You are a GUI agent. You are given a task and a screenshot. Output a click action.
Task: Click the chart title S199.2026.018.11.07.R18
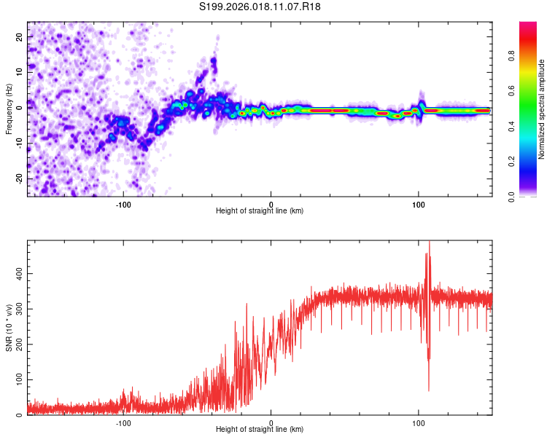pos(260,7)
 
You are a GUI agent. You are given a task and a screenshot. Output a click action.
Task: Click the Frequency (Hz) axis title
pos(9,109)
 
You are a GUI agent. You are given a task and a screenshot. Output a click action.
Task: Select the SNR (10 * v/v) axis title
pos(9,328)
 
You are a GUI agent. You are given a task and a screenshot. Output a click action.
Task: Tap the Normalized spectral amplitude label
pos(542,109)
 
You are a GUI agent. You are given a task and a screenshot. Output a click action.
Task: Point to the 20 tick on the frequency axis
pos(20,36)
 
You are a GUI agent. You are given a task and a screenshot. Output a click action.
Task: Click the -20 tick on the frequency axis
pos(18,178)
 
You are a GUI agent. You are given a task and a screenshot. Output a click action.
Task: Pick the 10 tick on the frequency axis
pos(20,71)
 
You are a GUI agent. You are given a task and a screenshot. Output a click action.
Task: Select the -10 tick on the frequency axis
pos(18,143)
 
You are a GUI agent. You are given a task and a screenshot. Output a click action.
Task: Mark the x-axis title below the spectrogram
pos(260,210)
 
